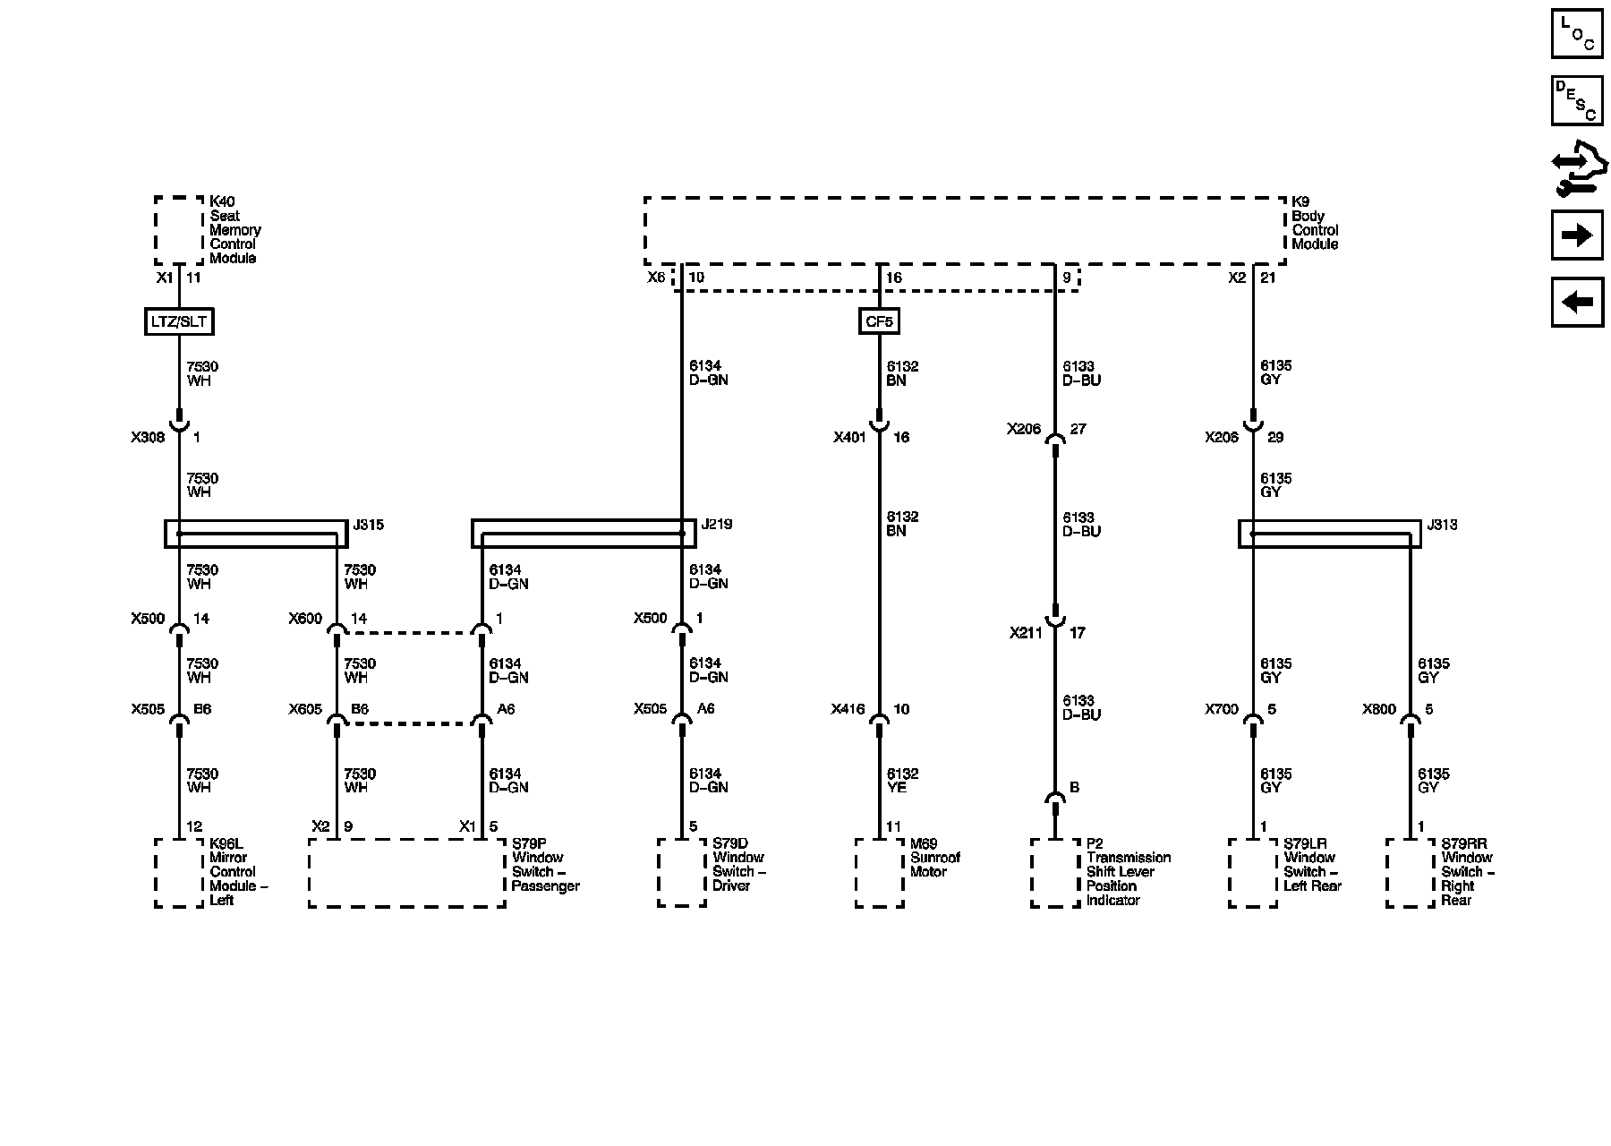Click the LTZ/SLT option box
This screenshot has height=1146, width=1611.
(179, 321)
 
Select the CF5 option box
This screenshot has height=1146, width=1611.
(879, 321)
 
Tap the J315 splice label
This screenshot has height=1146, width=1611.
(368, 525)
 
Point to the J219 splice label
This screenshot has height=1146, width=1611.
(717, 525)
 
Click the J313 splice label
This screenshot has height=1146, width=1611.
(1442, 525)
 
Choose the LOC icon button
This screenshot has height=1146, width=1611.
(1577, 34)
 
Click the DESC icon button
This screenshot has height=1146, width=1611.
(1577, 101)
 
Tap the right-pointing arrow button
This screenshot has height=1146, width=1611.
(1577, 235)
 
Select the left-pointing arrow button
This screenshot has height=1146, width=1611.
(1577, 303)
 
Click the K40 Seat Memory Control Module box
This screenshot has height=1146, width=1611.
(179, 230)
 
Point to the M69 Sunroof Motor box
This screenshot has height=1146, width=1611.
(879, 873)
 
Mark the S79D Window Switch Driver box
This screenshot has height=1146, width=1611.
(682, 873)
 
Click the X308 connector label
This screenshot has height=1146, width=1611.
(148, 438)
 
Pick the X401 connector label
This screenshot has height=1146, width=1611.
(850, 438)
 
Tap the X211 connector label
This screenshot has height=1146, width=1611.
(1027, 633)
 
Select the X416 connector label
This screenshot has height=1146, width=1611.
(848, 710)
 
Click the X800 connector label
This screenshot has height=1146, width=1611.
(1379, 710)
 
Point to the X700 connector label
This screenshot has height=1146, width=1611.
(1222, 710)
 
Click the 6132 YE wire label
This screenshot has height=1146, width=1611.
(902, 781)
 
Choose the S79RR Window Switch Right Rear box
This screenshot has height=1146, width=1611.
(1411, 873)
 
